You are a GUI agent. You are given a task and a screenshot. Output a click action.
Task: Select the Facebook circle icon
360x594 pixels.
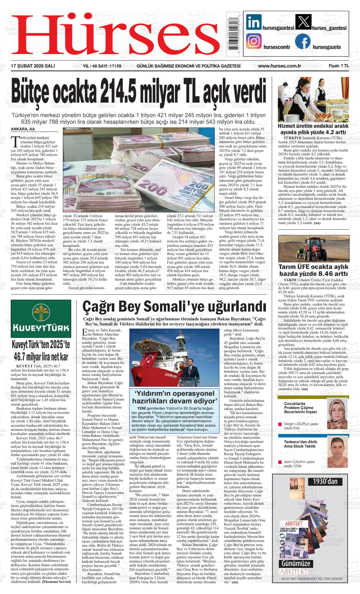point(303,41)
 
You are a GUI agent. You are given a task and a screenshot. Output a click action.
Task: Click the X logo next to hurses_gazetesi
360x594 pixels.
point(303,22)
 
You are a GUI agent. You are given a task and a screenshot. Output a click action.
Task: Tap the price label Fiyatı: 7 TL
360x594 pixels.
point(338,66)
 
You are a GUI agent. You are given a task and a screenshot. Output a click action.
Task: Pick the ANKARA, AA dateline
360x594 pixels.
point(22,129)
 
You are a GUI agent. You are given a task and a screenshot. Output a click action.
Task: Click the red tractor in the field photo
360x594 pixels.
point(315,247)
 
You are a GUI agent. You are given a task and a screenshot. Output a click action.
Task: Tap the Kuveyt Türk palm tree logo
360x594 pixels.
point(40,312)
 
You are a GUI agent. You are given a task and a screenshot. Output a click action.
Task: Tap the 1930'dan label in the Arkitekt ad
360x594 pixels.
point(325,481)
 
